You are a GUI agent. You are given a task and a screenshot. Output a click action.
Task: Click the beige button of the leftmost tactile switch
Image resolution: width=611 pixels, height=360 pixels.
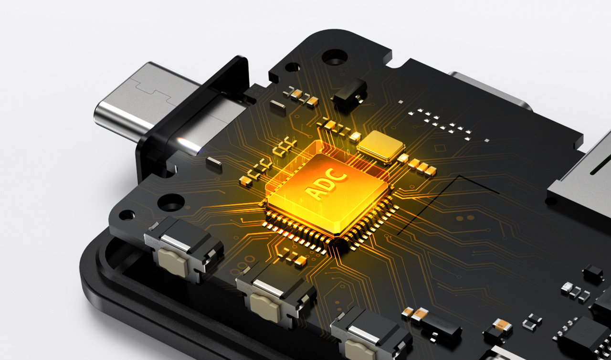(173, 262)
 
